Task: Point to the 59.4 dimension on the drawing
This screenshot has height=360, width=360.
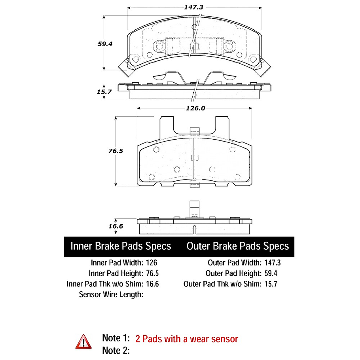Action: [x=105, y=44]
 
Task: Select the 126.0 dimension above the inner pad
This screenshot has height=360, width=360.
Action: [x=195, y=108]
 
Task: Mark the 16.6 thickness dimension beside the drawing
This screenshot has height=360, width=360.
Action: [x=116, y=226]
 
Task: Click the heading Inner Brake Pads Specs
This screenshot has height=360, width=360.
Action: [x=121, y=246]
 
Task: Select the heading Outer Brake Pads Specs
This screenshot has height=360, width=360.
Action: [x=237, y=246]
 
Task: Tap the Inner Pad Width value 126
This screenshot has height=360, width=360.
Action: [x=152, y=262]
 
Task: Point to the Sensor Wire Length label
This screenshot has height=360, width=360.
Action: [x=111, y=294]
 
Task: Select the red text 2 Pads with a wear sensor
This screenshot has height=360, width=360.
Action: [x=187, y=339]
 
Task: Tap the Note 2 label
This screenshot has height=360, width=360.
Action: [x=116, y=350]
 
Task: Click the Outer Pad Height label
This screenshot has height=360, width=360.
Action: [x=233, y=273]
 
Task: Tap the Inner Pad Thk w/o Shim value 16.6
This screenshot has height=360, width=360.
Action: [x=152, y=284]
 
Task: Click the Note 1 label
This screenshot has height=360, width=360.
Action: [x=116, y=338]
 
